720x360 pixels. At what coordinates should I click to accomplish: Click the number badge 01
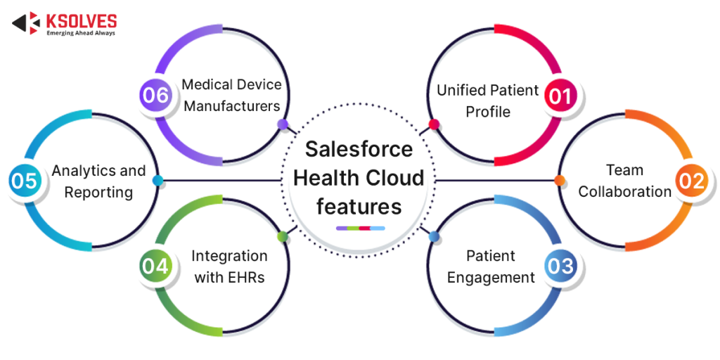click(x=560, y=96)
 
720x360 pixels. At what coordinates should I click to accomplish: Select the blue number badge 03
click(x=560, y=266)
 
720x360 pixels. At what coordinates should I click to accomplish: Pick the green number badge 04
click(x=155, y=266)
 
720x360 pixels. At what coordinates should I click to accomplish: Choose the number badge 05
click(x=24, y=181)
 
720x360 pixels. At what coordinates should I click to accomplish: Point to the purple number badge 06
click(x=155, y=95)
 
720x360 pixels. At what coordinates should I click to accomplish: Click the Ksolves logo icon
click(x=27, y=23)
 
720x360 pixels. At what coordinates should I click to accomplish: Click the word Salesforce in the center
click(x=359, y=149)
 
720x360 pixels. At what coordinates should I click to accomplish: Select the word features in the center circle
click(x=359, y=207)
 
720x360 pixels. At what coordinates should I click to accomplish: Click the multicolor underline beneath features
click(x=360, y=228)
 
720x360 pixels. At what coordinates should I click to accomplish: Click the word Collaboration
click(x=624, y=191)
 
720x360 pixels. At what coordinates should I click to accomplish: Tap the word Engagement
click(x=491, y=278)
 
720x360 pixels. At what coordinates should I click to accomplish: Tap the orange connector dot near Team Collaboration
click(x=560, y=181)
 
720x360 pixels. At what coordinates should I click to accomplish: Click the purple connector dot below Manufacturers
click(x=283, y=124)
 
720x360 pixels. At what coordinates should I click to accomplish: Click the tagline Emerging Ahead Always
click(x=80, y=32)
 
